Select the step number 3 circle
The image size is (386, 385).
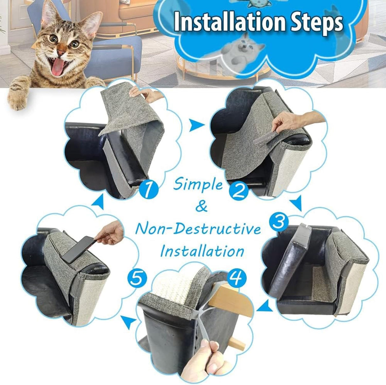point(279,222)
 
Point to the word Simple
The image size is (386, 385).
point(198,184)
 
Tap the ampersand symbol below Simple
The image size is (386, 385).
point(201,207)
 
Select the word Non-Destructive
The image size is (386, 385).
point(198,229)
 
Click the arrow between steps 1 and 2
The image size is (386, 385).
point(196,126)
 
